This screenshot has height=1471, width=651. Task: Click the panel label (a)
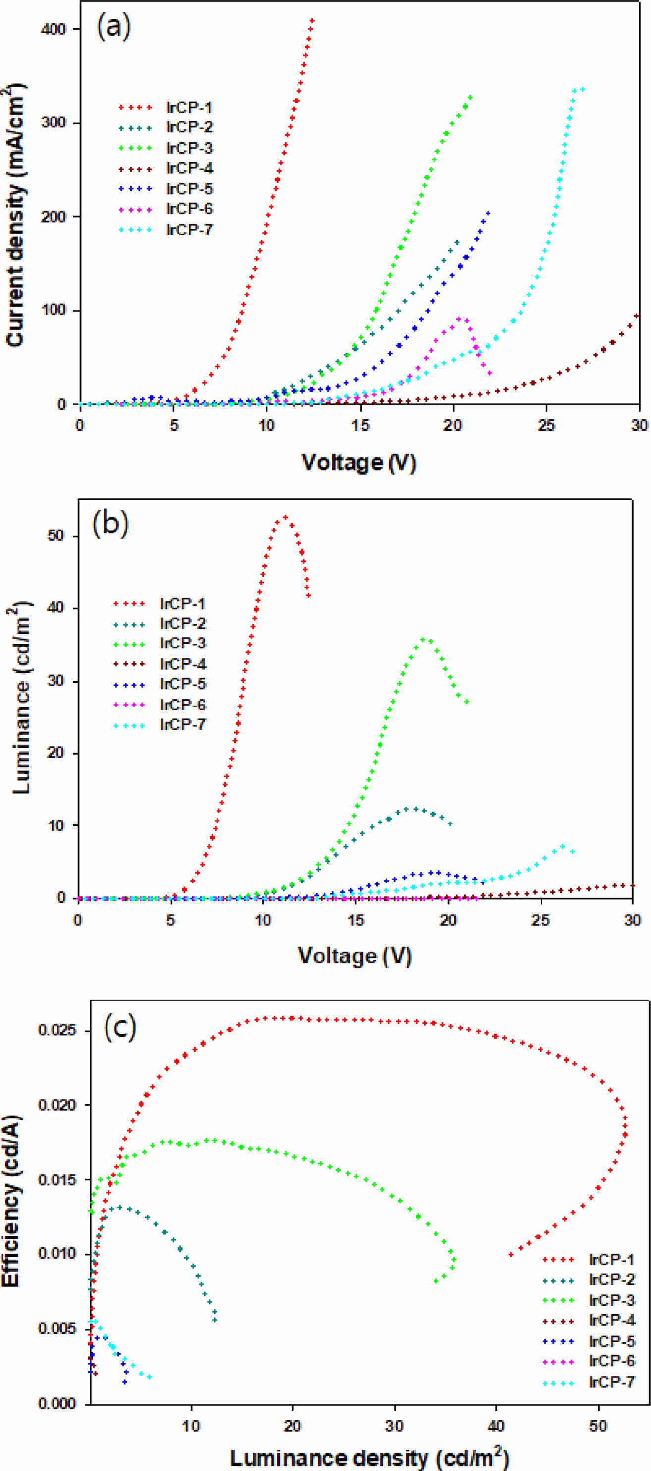pyautogui.click(x=114, y=26)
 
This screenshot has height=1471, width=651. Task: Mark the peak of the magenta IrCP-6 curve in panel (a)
pyautogui.click(x=459, y=319)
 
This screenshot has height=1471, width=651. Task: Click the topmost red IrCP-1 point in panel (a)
pyautogui.click(x=312, y=20)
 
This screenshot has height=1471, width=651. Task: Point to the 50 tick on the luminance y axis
pyautogui.click(x=57, y=536)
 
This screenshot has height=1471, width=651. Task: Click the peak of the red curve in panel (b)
pyautogui.click(x=285, y=517)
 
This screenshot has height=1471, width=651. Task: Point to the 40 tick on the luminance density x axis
pyautogui.click(x=496, y=1425)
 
